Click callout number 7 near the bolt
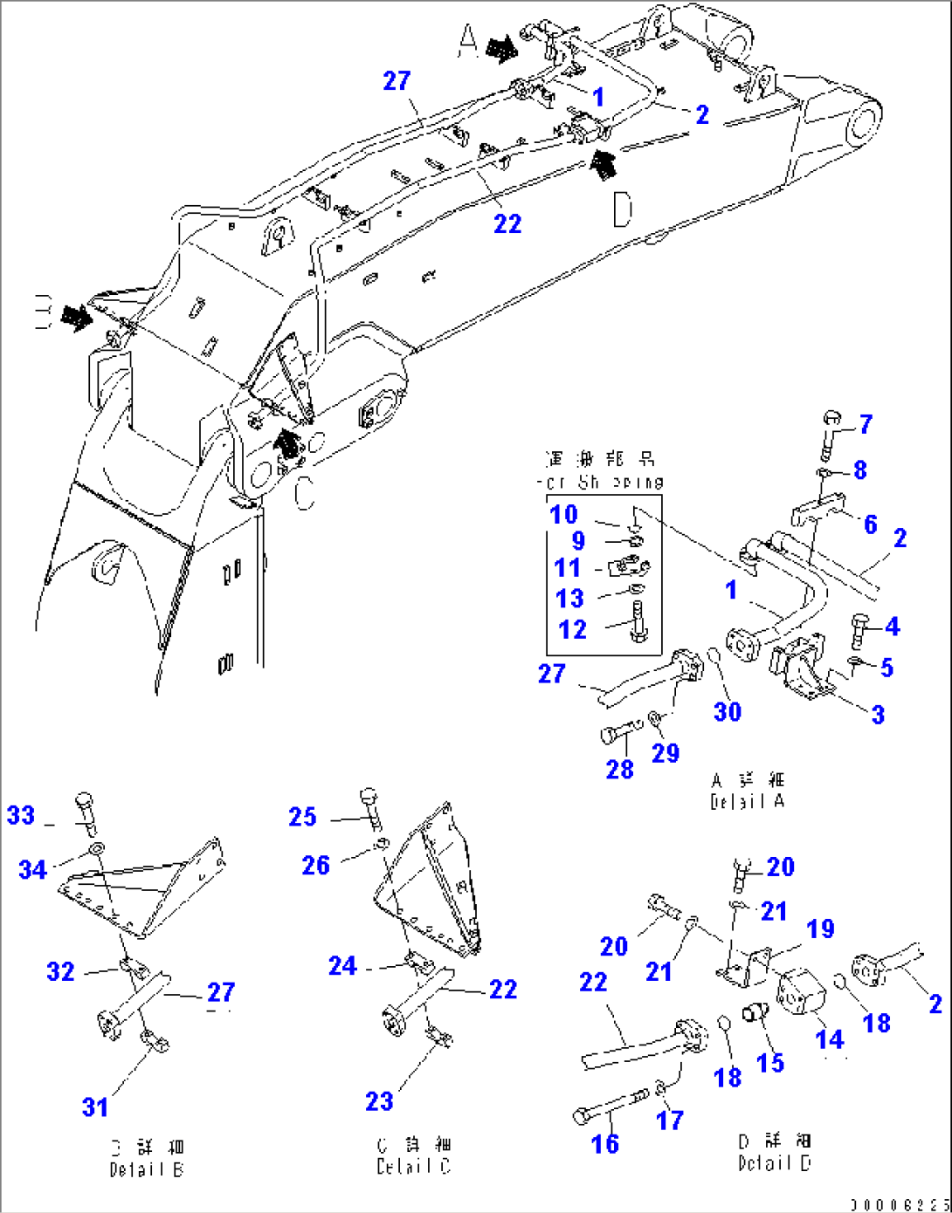click(866, 424)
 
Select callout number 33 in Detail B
click(21, 815)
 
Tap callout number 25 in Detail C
click(302, 817)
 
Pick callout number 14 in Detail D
click(830, 1038)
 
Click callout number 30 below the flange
click(728, 711)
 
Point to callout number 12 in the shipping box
click(572, 629)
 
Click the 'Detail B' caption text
click(146, 1170)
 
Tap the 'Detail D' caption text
click(774, 1163)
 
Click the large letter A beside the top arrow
click(469, 41)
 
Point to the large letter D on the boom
click(623, 209)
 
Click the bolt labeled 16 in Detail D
click(603, 1107)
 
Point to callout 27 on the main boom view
click(397, 80)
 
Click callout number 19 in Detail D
click(820, 929)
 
